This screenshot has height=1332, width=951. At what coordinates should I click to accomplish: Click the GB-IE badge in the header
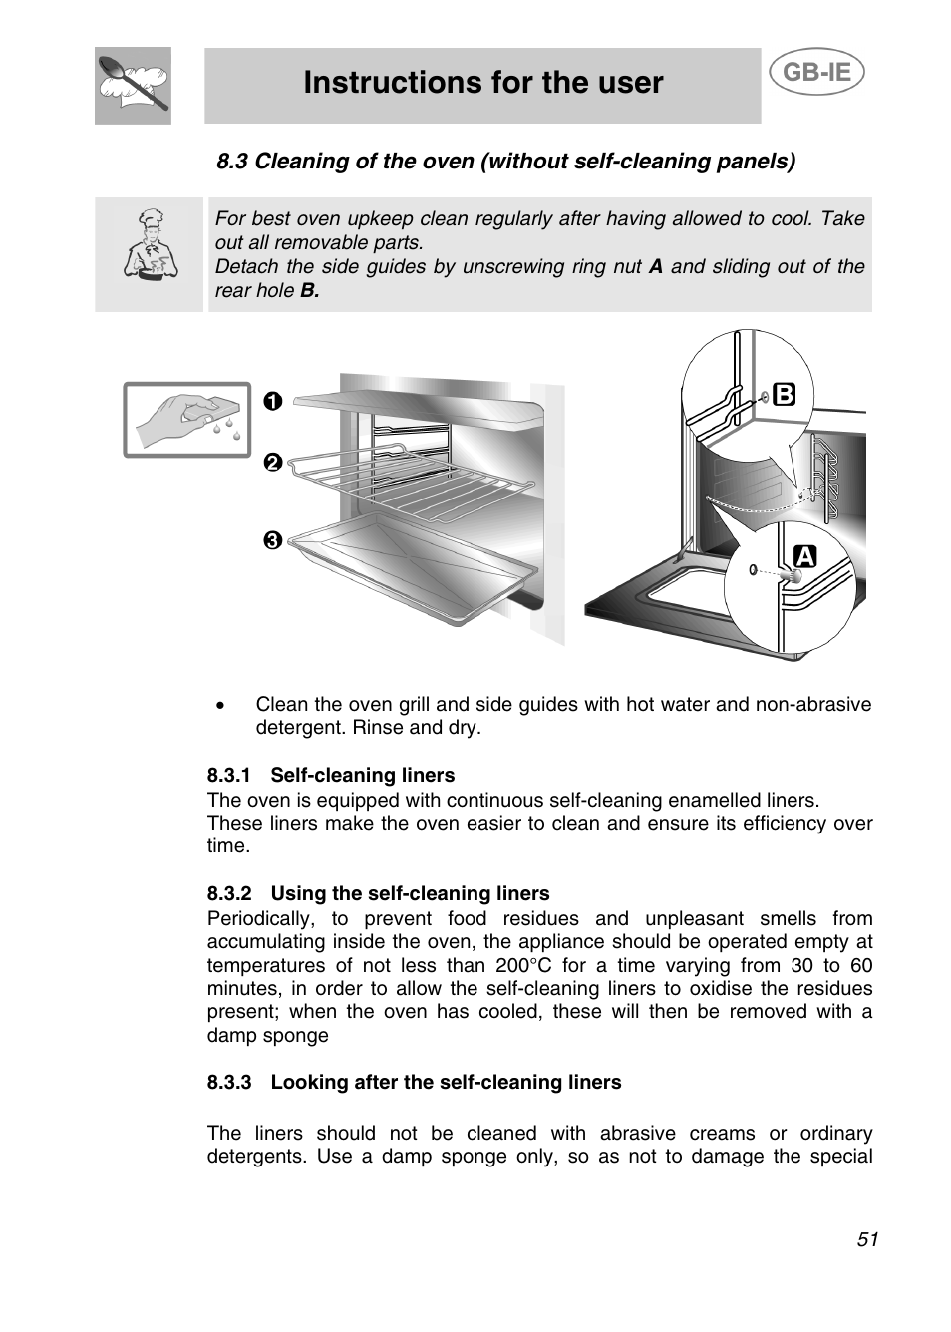pos(816,73)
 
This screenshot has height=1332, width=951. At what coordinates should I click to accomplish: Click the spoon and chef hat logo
pos(133,86)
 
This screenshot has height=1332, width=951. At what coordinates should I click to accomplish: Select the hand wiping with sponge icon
pos(186,420)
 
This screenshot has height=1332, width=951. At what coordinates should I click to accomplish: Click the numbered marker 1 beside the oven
pos(273,401)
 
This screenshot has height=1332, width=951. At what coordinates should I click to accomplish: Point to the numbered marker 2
pos(273,463)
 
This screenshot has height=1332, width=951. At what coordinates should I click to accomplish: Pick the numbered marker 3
pos(273,541)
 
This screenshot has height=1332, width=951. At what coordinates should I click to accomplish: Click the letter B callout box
pos(784,395)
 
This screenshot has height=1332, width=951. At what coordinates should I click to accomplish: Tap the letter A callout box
pos(804,556)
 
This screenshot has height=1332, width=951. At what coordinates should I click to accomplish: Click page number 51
pos(866,1239)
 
